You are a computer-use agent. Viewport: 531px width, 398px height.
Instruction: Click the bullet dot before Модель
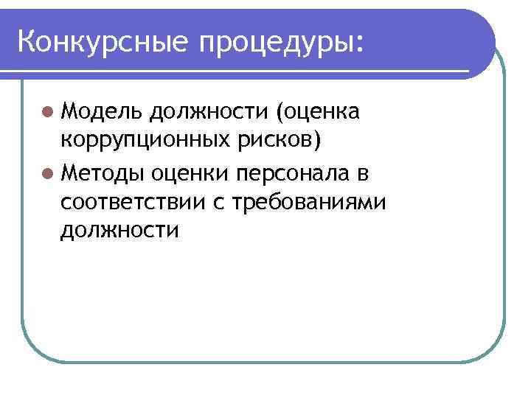click(x=47, y=113)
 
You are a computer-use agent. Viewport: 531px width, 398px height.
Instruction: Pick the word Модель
click(x=102, y=112)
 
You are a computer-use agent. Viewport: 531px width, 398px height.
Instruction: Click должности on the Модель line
click(x=209, y=112)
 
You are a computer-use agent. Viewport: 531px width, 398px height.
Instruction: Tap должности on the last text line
click(x=120, y=230)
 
